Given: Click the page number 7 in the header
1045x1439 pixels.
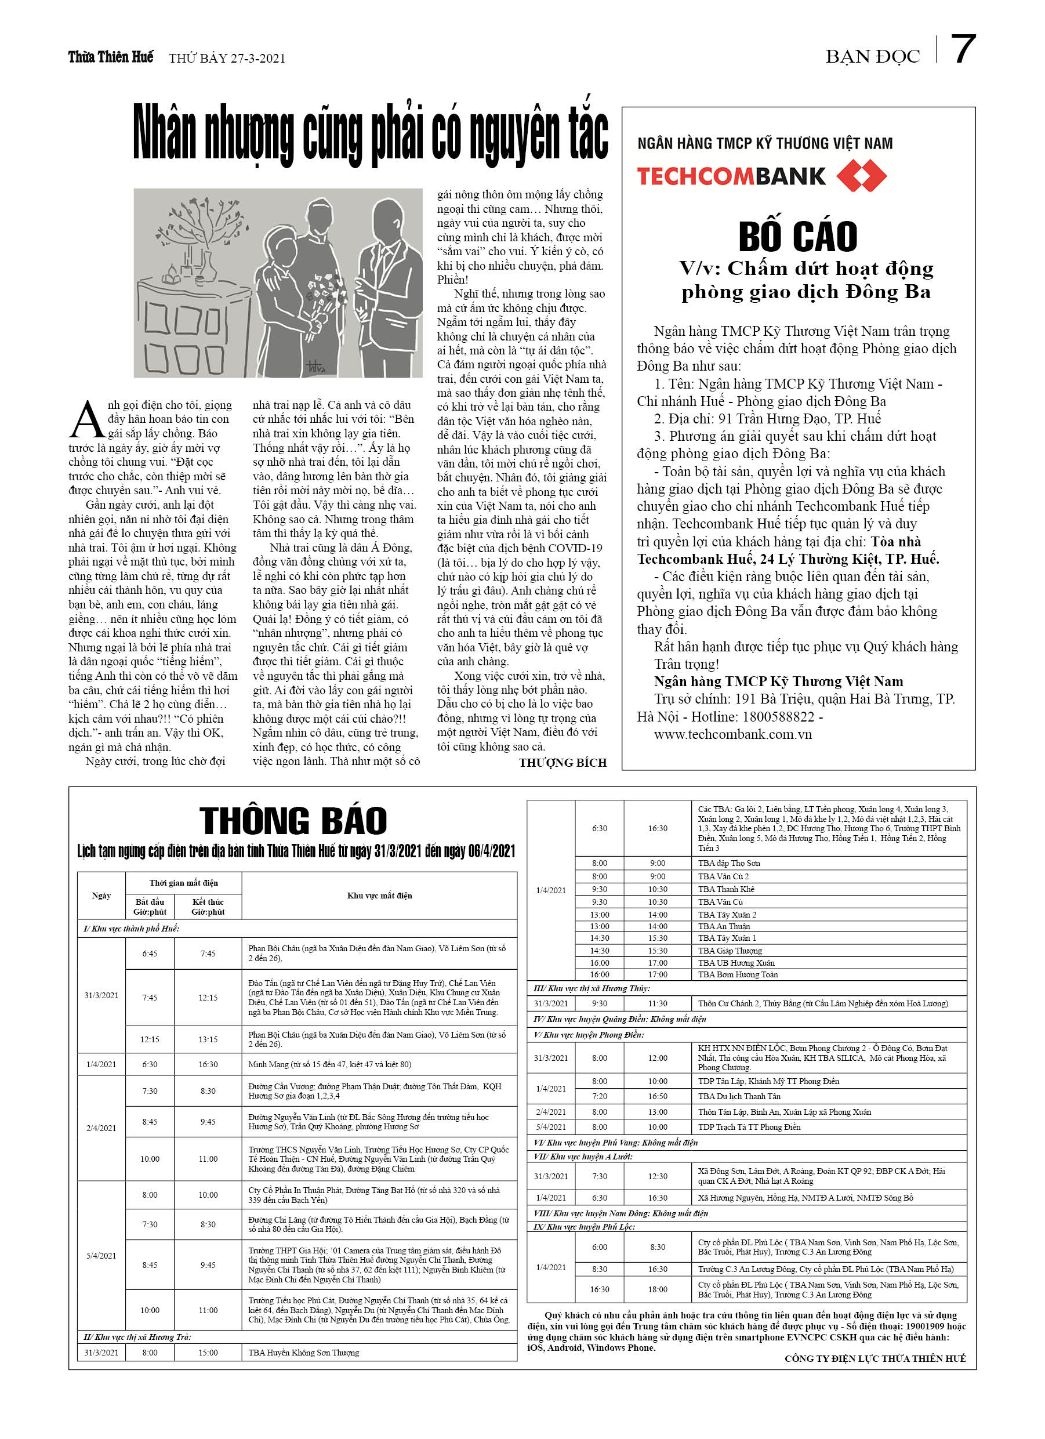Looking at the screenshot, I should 963,49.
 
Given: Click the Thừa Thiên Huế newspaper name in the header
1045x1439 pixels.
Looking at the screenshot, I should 110,57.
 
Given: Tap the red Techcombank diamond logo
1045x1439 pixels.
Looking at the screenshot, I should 861,176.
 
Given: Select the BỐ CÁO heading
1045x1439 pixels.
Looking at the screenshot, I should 797,237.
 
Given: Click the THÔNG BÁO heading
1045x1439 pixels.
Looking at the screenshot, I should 293,820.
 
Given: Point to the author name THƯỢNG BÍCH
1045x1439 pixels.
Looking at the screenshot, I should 562,763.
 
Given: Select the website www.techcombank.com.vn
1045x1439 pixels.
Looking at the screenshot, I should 732,735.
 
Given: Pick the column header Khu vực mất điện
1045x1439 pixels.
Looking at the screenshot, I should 379,896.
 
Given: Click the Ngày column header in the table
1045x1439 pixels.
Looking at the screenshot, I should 101,896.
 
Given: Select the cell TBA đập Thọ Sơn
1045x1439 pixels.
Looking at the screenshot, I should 728,863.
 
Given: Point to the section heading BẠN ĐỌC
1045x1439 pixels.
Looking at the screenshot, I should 872,57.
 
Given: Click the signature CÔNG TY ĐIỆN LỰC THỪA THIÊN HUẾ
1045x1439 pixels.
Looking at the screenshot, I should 875,1358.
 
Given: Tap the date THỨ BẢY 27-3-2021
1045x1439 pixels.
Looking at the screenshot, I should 227,59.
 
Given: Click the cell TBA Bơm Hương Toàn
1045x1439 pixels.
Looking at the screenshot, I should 737,974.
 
